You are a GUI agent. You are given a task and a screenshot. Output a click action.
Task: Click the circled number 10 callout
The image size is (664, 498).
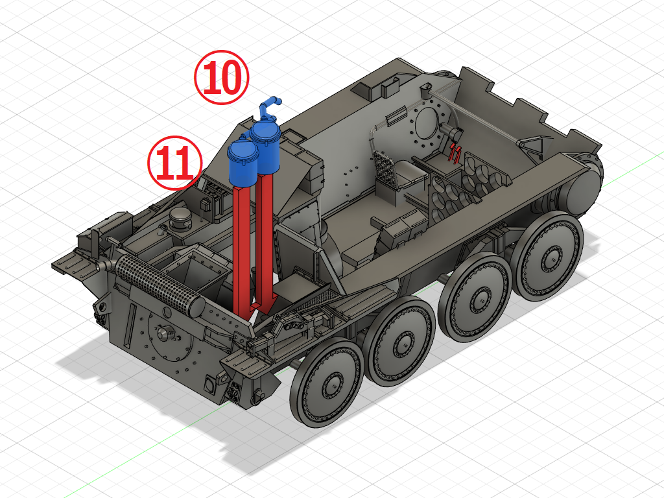(222, 78)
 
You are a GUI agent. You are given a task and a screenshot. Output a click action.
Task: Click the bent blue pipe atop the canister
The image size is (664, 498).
(270, 104)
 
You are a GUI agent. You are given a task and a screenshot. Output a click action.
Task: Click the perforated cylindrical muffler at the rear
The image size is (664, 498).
(158, 285)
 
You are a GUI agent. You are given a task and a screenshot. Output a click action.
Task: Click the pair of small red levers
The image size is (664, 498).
(455, 153)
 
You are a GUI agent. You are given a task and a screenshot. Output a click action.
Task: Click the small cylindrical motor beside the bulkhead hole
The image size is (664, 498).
(455, 134)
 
